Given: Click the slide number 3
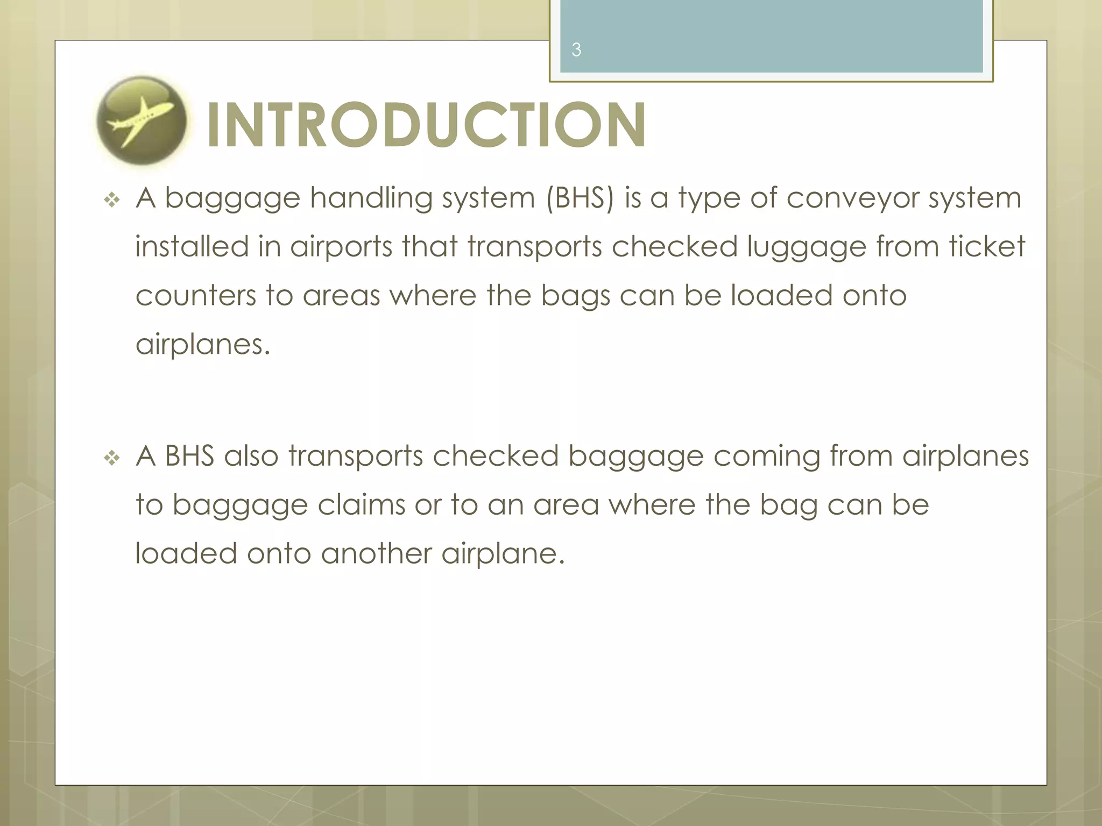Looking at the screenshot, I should tap(576, 50).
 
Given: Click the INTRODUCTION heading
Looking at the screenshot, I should tap(426, 125).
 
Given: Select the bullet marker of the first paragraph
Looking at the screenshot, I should tap(112, 201).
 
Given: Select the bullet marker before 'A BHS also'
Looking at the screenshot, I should tap(112, 458).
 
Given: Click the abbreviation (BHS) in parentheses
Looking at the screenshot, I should tap(580, 198).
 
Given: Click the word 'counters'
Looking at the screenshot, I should tap(196, 296).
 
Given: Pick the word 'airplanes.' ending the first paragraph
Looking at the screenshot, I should tap(202, 345).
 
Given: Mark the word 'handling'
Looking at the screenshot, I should tap(371, 198).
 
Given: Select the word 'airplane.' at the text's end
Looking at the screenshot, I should tap(503, 554).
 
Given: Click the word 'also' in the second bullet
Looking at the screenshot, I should tap(251, 456).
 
